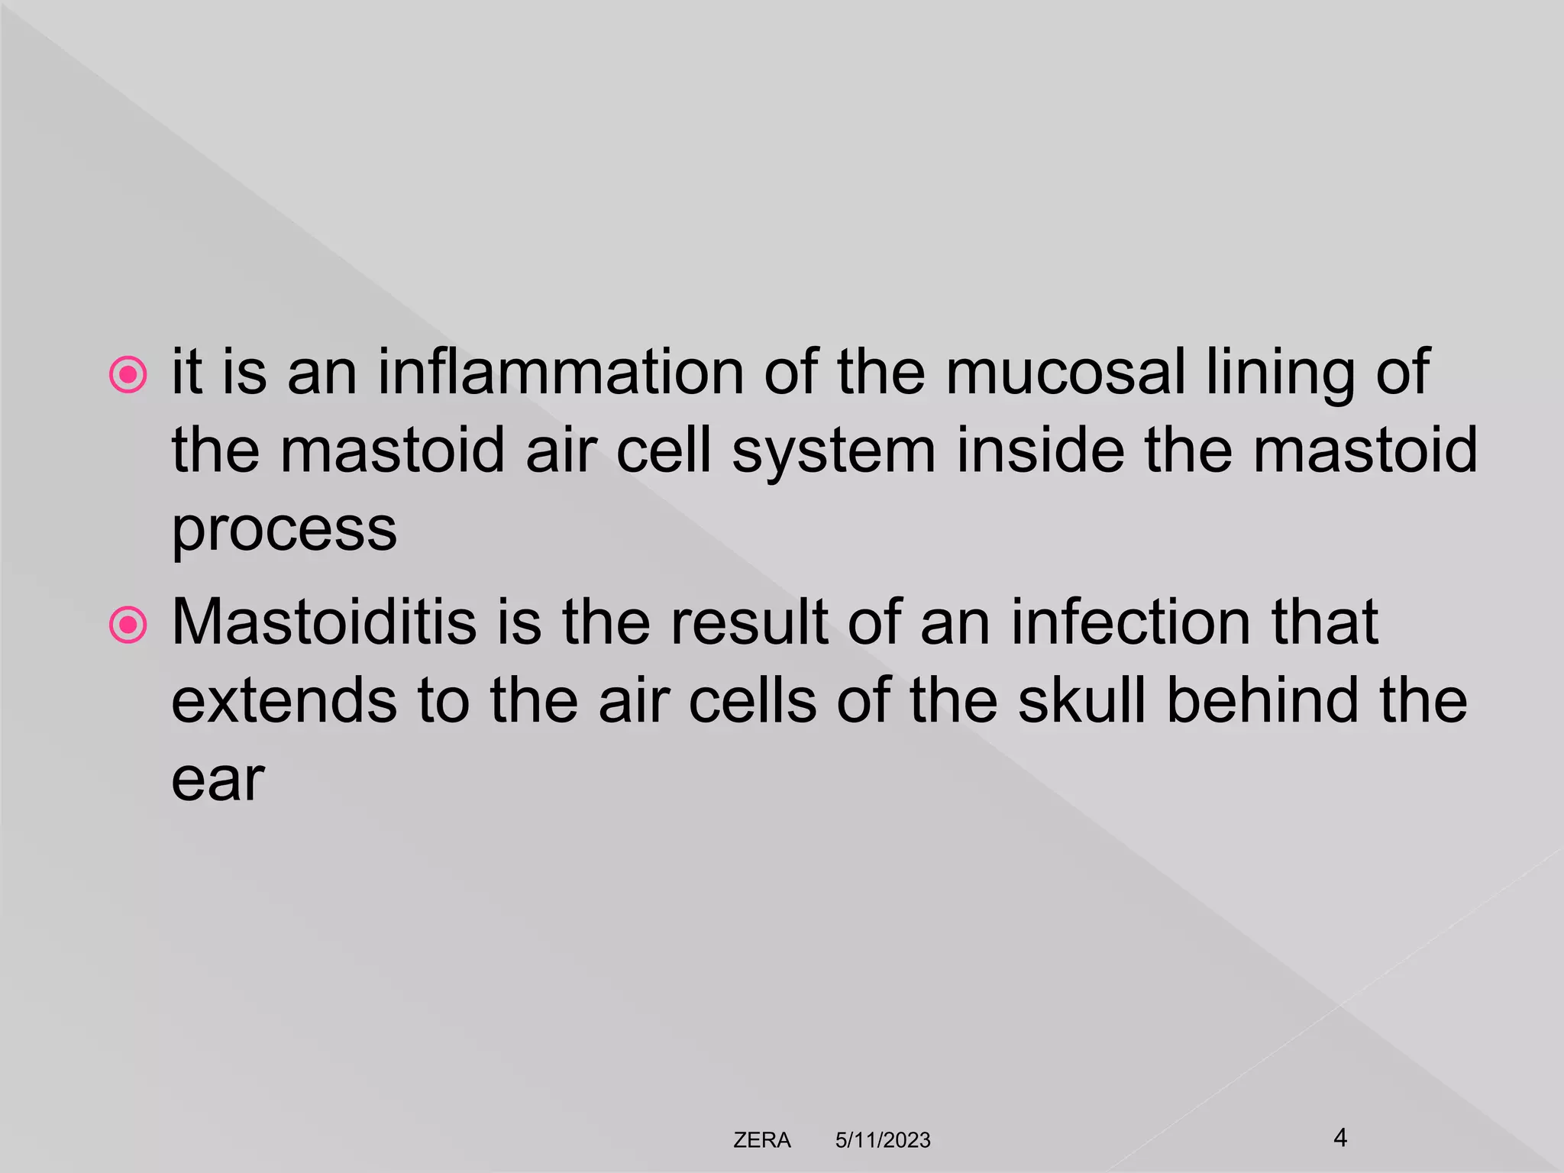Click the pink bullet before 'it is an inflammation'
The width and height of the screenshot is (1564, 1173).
point(128,375)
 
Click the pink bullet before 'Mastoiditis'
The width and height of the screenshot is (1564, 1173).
point(128,625)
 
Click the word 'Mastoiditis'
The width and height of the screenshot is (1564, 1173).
point(324,622)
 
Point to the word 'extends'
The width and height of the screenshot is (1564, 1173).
point(283,700)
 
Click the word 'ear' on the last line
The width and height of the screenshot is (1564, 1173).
point(218,780)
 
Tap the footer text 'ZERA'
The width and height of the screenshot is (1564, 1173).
point(761,1140)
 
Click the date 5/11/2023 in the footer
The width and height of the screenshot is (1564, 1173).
point(883,1140)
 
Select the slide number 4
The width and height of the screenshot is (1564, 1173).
point(1339,1138)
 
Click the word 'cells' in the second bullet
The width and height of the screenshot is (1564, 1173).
point(753,700)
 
